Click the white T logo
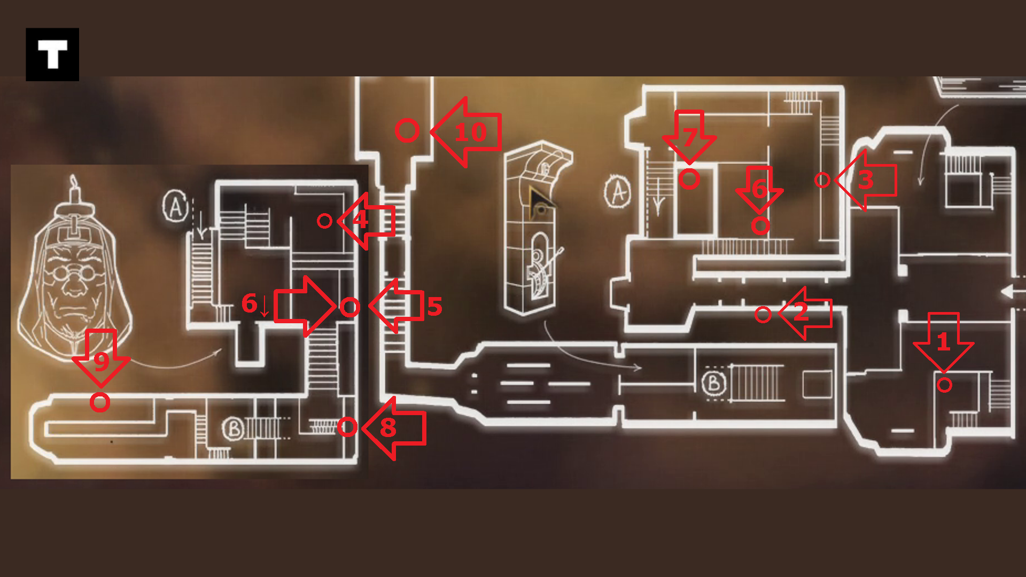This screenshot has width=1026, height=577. (52, 54)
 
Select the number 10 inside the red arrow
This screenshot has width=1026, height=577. (470, 132)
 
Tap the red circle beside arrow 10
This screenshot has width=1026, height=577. (407, 130)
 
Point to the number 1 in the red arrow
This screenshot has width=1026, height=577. (943, 342)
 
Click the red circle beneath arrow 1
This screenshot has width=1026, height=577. (944, 385)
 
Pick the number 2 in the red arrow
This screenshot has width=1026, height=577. (800, 312)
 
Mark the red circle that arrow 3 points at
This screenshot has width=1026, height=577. (822, 180)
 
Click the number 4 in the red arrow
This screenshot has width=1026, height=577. (360, 220)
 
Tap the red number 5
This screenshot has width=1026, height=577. (435, 307)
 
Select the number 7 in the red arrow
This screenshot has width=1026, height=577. (690, 137)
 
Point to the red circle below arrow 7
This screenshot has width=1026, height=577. (689, 179)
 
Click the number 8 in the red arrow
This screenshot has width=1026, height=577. (388, 427)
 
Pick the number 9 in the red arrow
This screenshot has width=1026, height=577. (101, 361)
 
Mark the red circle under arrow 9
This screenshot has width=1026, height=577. (100, 402)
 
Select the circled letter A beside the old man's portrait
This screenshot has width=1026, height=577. (175, 207)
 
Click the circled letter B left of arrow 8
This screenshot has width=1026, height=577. (234, 428)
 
